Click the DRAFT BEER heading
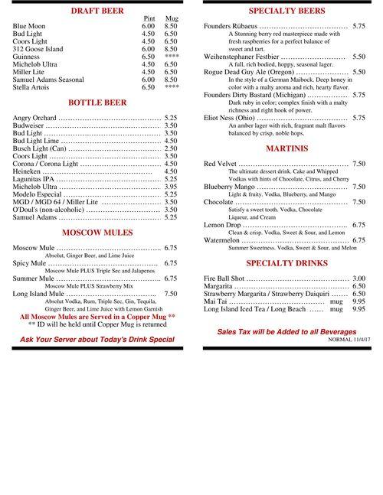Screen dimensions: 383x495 97,11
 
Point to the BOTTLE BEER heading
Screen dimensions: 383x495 97,102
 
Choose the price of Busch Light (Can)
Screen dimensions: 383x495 171,148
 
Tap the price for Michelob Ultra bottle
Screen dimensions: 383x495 171,187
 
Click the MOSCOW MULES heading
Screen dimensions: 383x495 97,232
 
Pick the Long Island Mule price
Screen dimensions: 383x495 171,294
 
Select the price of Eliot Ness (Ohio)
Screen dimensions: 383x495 358,118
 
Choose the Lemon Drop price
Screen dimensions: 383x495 358,225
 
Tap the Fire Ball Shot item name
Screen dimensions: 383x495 234,278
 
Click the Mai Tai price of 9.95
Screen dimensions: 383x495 358,301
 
